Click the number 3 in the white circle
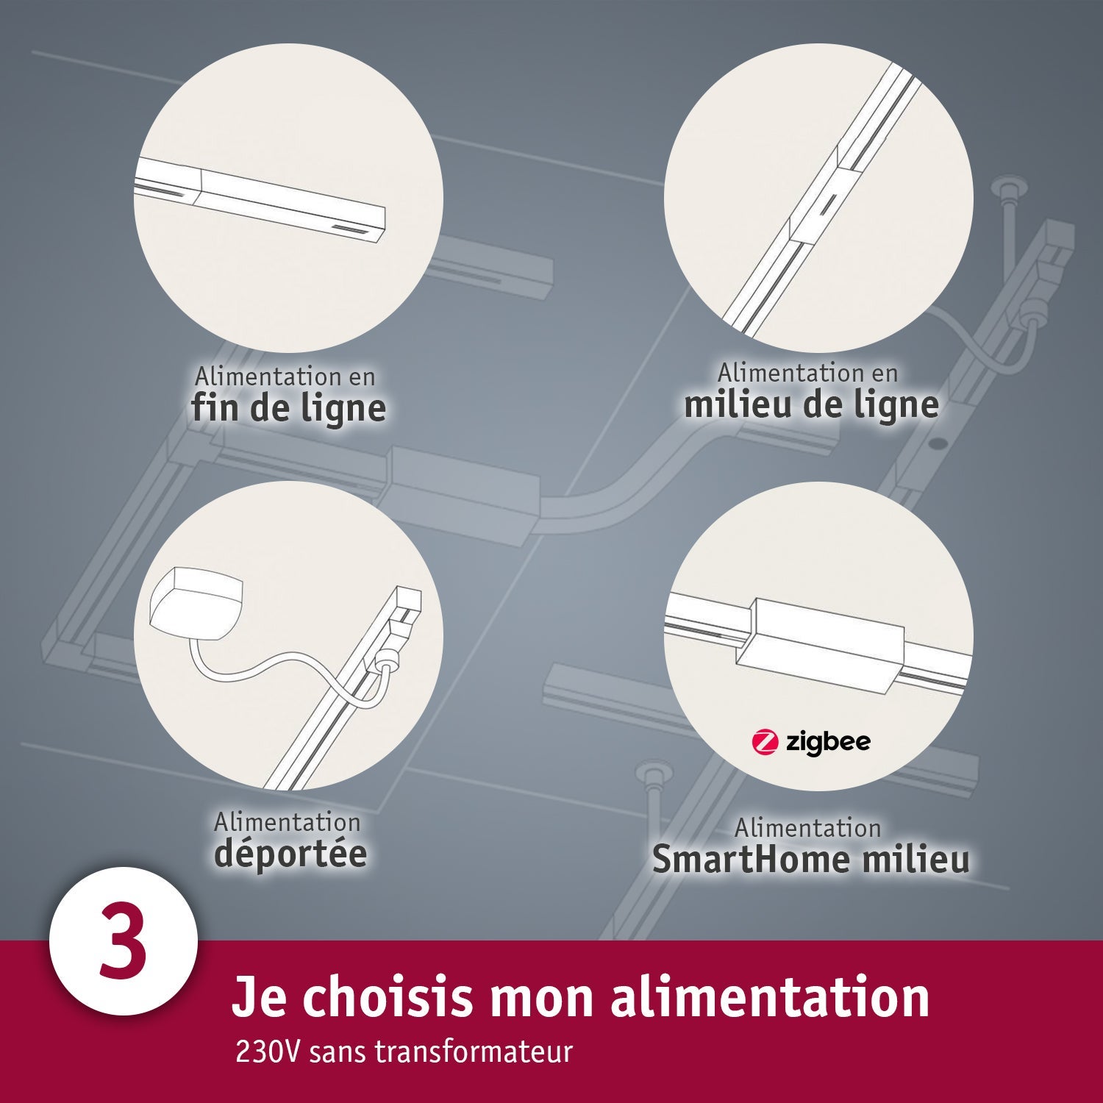pyautogui.click(x=122, y=942)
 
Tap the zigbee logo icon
pyautogui.click(x=765, y=742)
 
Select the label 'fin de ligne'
pyautogui.click(x=288, y=409)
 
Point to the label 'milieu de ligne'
pyautogui.click(x=811, y=405)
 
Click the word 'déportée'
pyautogui.click(x=290, y=854)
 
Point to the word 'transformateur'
pyautogui.click(x=474, y=1052)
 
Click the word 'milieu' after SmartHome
pyautogui.click(x=916, y=860)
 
